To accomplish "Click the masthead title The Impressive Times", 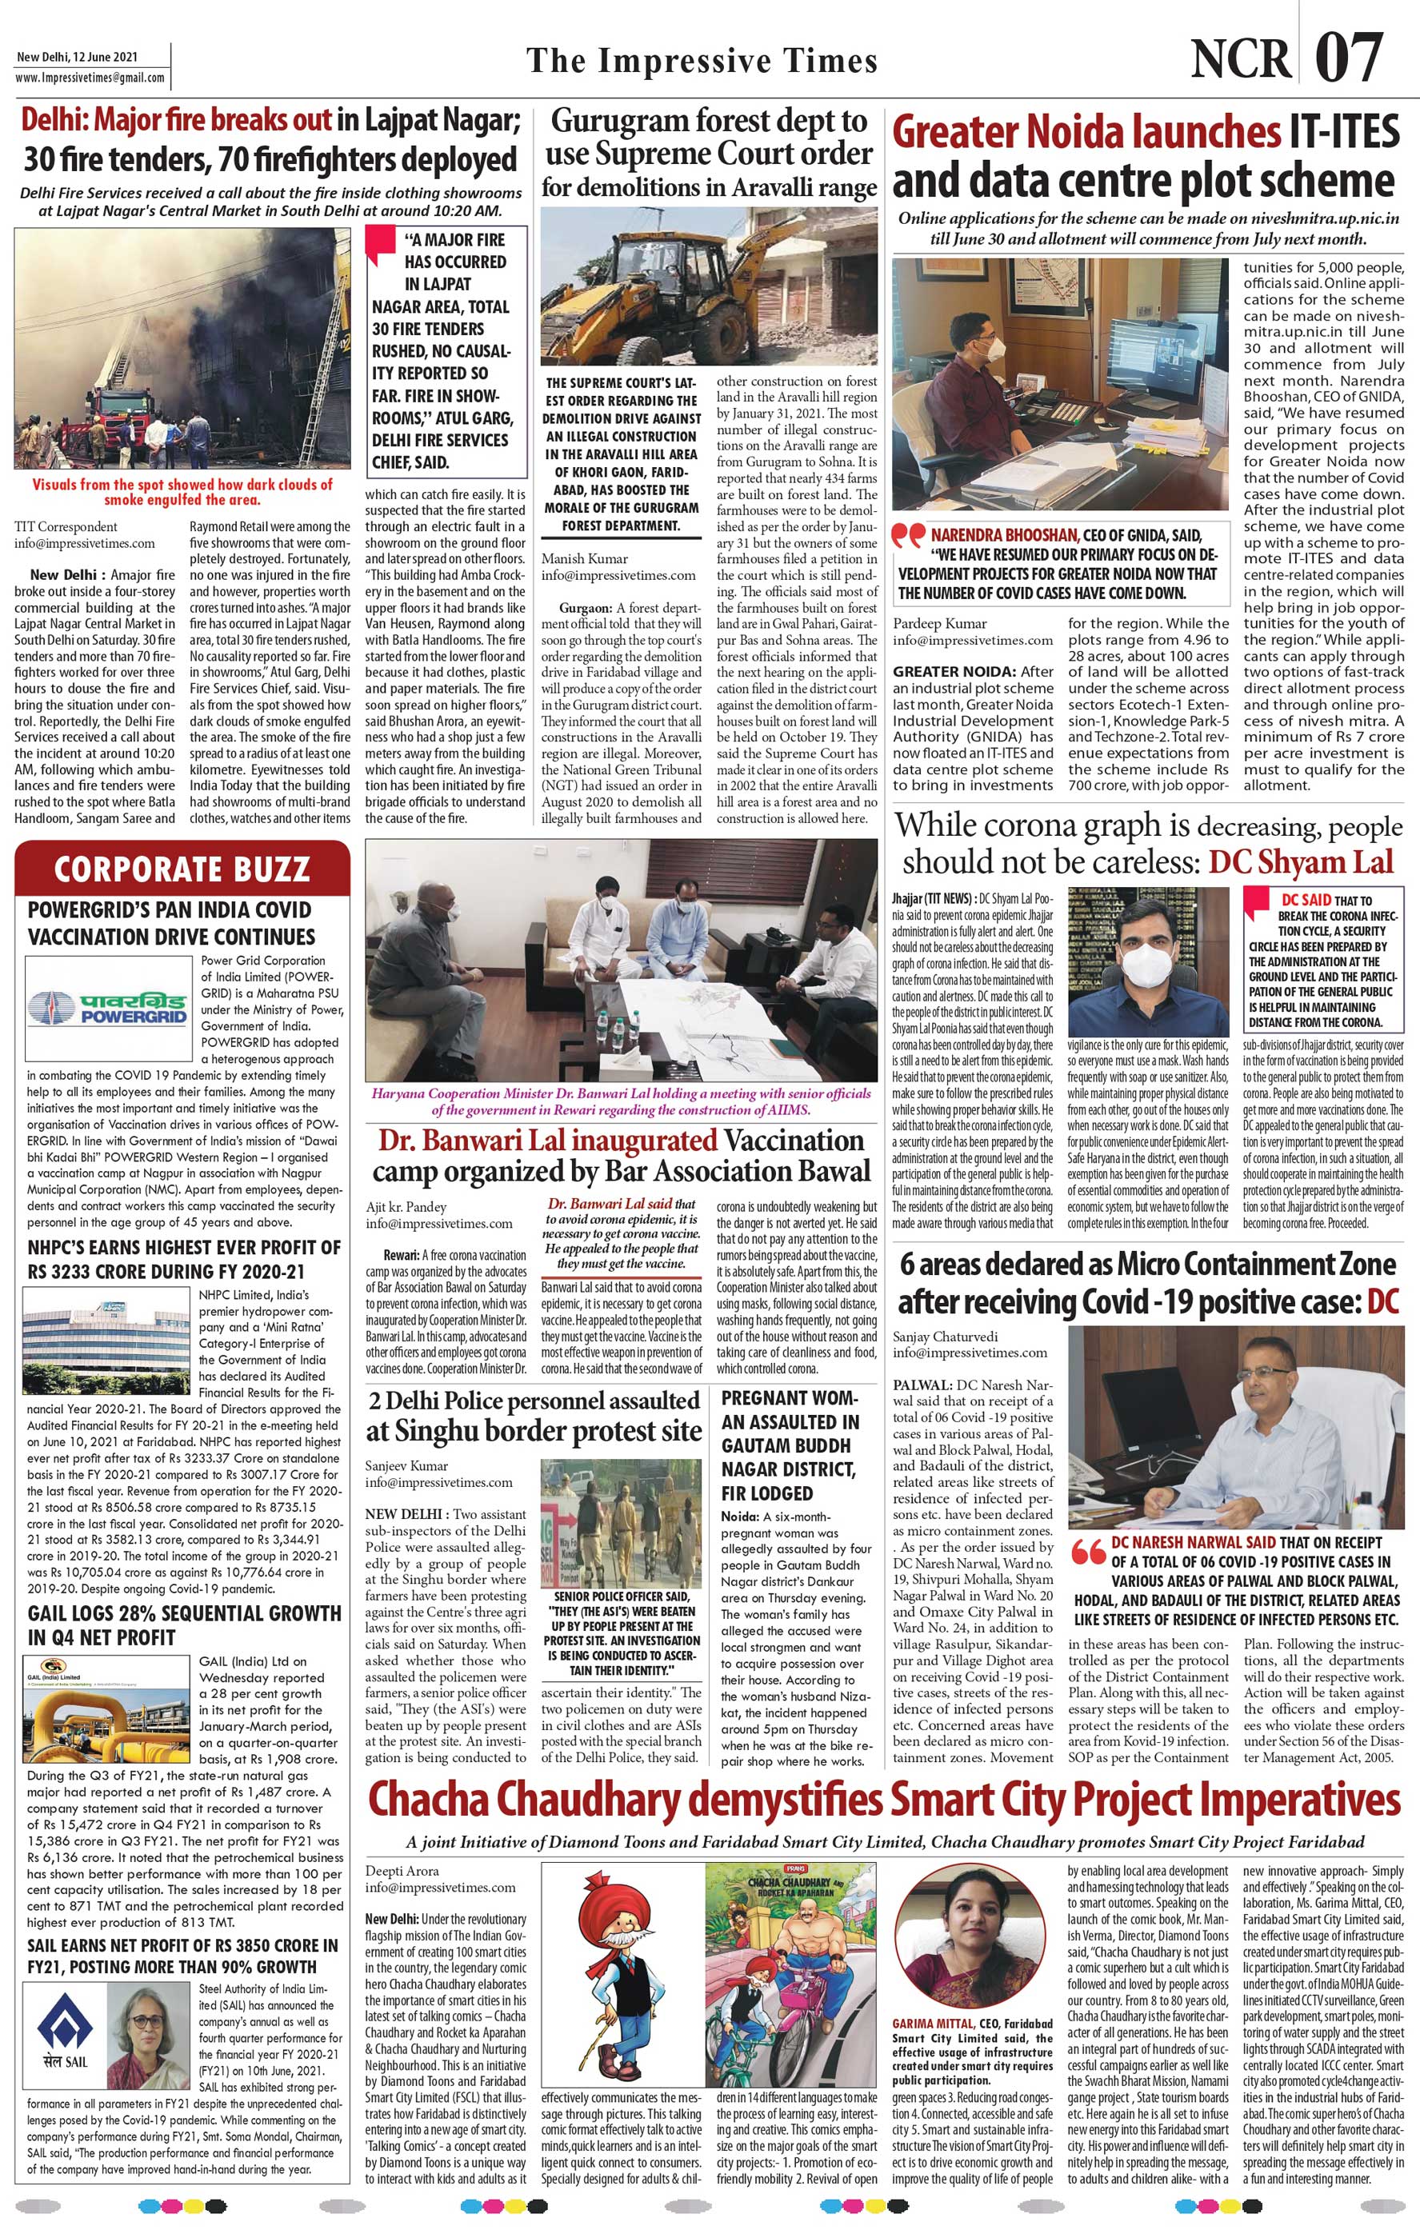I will [x=702, y=61].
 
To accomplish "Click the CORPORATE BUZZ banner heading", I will [x=182, y=869].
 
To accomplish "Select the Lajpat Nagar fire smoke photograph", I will [x=182, y=351].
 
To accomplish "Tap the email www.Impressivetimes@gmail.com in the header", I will [x=90, y=78].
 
